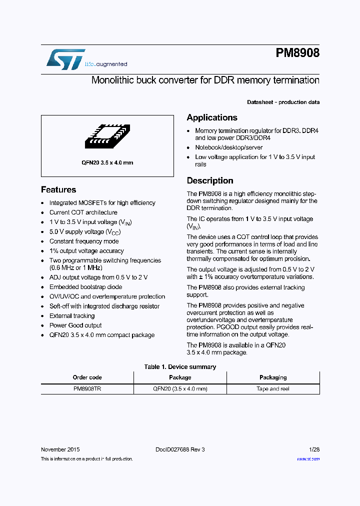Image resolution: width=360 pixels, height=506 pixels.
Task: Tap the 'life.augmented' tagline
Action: pos(105,64)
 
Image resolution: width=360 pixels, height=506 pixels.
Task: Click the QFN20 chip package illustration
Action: pos(107,135)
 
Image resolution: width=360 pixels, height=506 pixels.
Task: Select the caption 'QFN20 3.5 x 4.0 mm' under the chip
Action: pos(107,162)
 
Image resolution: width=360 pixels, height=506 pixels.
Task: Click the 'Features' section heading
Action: pos(58,189)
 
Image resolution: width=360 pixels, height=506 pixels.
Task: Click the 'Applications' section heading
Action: pos(212,117)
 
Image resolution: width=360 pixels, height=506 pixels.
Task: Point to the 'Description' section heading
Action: pos(210,180)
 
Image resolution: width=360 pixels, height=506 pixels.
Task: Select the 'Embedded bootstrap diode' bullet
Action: pos(85,287)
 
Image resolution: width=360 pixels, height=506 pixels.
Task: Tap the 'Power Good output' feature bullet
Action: pos(75,325)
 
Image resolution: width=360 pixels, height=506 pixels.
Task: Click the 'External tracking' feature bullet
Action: pos(72,316)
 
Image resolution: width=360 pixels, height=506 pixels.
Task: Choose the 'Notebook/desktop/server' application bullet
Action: pos(228,147)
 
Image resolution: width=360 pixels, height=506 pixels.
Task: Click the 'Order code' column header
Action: pos(87,377)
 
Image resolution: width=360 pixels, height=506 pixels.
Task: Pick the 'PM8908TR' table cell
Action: pos(87,388)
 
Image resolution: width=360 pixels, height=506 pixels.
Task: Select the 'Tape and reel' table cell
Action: pos(272,388)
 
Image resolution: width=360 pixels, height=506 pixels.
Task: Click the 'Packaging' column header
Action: pos(272,377)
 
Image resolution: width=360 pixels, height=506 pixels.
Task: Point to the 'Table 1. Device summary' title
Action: pos(180,367)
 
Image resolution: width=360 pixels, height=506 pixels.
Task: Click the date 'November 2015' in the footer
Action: pos(60,449)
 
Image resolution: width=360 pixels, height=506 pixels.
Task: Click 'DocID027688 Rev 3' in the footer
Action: pos(180,449)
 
